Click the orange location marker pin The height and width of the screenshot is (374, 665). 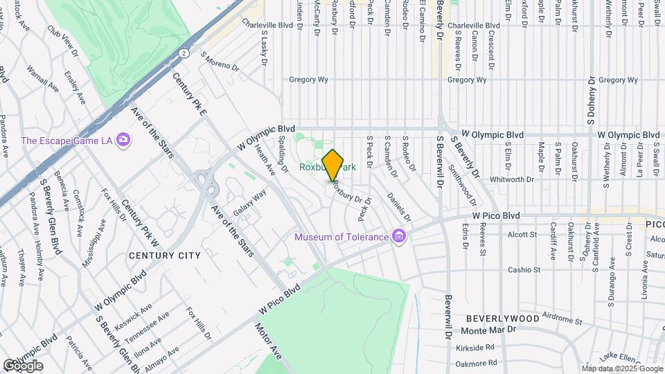click(333, 165)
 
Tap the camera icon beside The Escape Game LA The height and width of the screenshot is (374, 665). click(123, 140)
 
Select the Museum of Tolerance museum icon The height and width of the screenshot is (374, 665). click(398, 237)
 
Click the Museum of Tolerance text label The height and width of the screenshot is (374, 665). click(342, 237)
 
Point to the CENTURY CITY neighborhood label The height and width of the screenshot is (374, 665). click(164, 256)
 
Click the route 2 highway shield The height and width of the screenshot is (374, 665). click(183, 53)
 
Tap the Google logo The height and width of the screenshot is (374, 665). click(22, 365)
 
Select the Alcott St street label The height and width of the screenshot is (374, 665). click(522, 235)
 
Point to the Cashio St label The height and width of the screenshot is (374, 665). click(523, 269)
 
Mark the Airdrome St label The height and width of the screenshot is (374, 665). click(562, 319)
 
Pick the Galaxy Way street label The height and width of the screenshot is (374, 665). click(249, 203)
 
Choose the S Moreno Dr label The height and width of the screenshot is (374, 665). click(220, 61)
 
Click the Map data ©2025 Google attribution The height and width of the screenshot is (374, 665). click(621, 368)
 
